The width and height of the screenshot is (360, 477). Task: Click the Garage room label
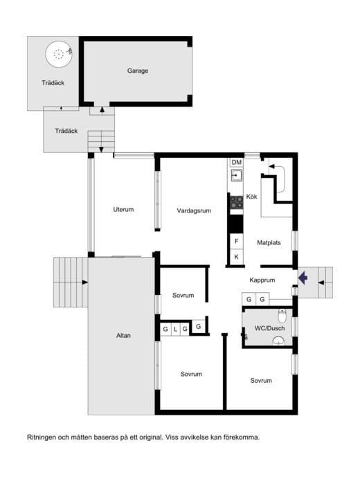coord(138,71)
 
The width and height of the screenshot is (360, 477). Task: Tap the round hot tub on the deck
coord(59,55)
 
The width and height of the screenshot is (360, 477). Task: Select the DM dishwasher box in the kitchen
coord(237,163)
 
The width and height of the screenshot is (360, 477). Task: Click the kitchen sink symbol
coord(237,175)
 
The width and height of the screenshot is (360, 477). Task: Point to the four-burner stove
coord(237,202)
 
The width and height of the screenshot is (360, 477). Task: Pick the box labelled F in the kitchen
coord(237,241)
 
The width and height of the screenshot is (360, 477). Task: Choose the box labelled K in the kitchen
coord(237,257)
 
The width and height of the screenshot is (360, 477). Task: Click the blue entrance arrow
coord(303,278)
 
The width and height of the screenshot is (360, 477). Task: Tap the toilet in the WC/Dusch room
coord(282,316)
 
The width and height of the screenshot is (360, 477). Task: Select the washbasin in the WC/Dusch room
coord(278,341)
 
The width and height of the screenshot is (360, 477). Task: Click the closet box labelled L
coord(175,329)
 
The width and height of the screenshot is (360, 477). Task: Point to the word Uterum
coord(123,210)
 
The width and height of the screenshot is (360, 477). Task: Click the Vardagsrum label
coord(194,210)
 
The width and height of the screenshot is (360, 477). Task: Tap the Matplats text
coord(269,243)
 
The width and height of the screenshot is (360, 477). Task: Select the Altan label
coord(123,336)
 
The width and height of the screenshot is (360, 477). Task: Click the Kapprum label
coord(262,280)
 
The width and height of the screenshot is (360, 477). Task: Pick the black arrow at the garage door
coord(102,109)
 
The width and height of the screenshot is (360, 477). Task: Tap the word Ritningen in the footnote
coord(42,438)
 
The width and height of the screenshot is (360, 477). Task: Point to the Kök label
coord(252,197)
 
